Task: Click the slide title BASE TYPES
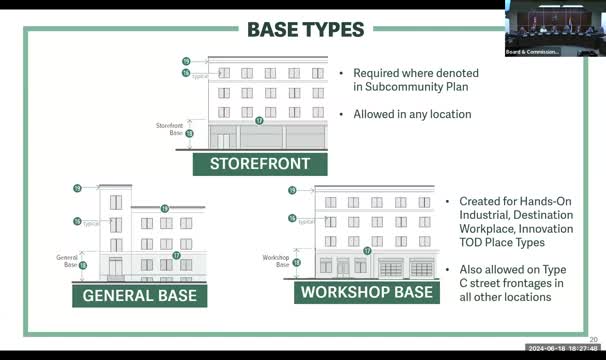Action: (x=304, y=29)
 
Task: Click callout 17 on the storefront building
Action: (x=259, y=120)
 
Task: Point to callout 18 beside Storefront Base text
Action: (x=189, y=132)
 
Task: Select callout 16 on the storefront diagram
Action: (x=186, y=73)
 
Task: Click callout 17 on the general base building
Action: (x=176, y=255)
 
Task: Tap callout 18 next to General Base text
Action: (x=82, y=265)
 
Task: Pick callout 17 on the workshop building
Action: (x=367, y=251)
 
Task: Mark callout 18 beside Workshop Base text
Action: (x=297, y=262)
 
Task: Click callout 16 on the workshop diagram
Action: (x=293, y=217)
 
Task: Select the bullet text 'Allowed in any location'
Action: (x=412, y=114)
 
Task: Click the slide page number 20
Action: (x=593, y=339)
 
